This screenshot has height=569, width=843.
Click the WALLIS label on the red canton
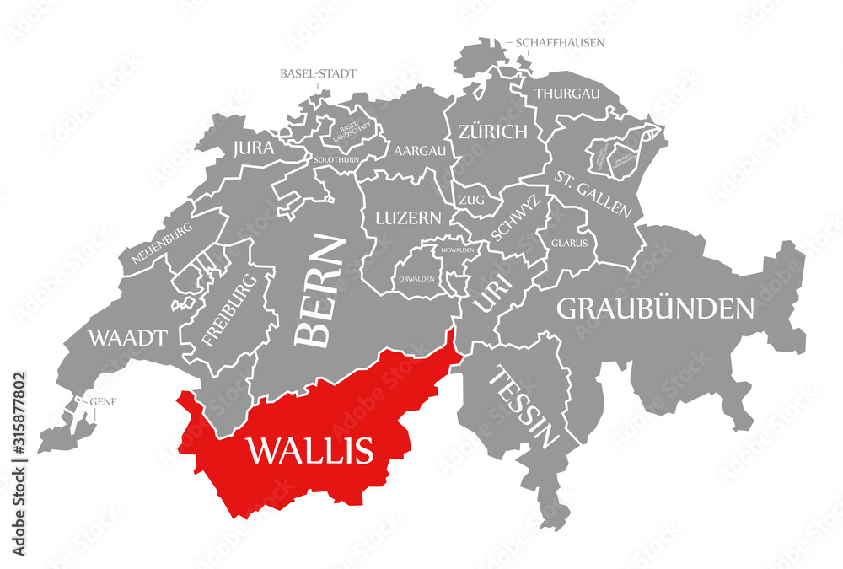coord(309,451)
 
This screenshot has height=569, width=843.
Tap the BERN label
coord(320,291)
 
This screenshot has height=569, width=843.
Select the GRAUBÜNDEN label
coord(655,309)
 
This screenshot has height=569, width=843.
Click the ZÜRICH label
coord(492,132)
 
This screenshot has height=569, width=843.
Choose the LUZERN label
coord(408,217)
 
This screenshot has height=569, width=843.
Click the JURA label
coord(253,148)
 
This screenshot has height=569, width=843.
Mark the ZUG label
coord(471,200)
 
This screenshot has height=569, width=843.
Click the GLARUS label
coord(570,243)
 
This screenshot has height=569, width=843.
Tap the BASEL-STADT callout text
coord(318,73)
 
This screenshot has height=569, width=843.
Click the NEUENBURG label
coord(162,242)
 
